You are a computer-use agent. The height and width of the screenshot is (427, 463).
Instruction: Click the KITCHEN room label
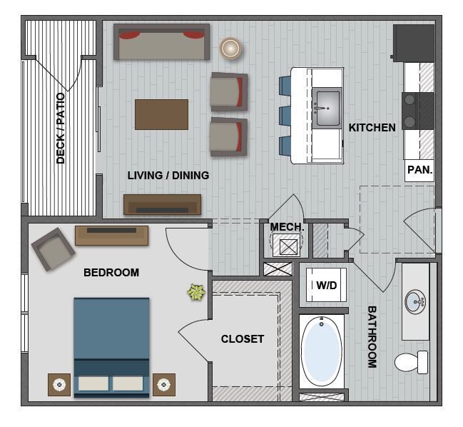372,128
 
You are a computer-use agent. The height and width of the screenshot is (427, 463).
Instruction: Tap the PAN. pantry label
419,170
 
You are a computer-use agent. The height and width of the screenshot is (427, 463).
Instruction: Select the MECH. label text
287,228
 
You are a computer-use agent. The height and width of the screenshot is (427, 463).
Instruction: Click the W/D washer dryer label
326,286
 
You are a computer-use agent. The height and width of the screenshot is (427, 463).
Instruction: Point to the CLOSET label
243,339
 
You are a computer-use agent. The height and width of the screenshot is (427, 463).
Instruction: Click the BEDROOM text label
111,272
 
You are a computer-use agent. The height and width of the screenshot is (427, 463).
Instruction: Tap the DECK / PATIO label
61,129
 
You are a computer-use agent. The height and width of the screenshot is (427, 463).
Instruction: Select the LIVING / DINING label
168,175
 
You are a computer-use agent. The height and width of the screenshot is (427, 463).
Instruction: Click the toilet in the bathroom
412,362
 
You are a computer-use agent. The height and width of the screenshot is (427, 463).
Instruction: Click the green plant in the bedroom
195,291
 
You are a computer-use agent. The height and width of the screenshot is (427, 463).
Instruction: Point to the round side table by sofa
230,48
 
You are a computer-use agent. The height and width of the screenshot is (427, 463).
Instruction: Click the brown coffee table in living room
162,114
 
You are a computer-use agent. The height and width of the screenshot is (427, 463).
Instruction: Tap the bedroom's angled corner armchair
53,248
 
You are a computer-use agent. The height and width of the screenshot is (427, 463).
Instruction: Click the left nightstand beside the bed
59,384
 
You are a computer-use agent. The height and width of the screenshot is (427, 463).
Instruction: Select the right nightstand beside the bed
163,385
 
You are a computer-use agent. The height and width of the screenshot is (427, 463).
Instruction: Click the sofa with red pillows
162,42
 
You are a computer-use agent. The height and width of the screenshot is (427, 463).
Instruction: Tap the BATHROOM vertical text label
372,336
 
